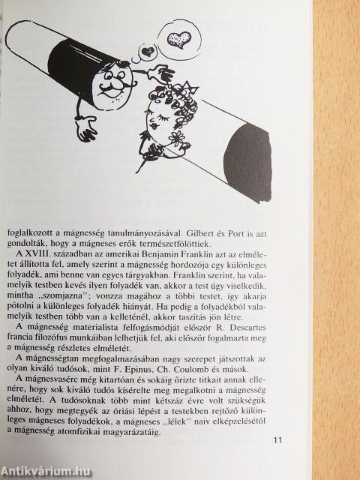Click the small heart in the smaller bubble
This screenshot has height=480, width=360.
point(148,51)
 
